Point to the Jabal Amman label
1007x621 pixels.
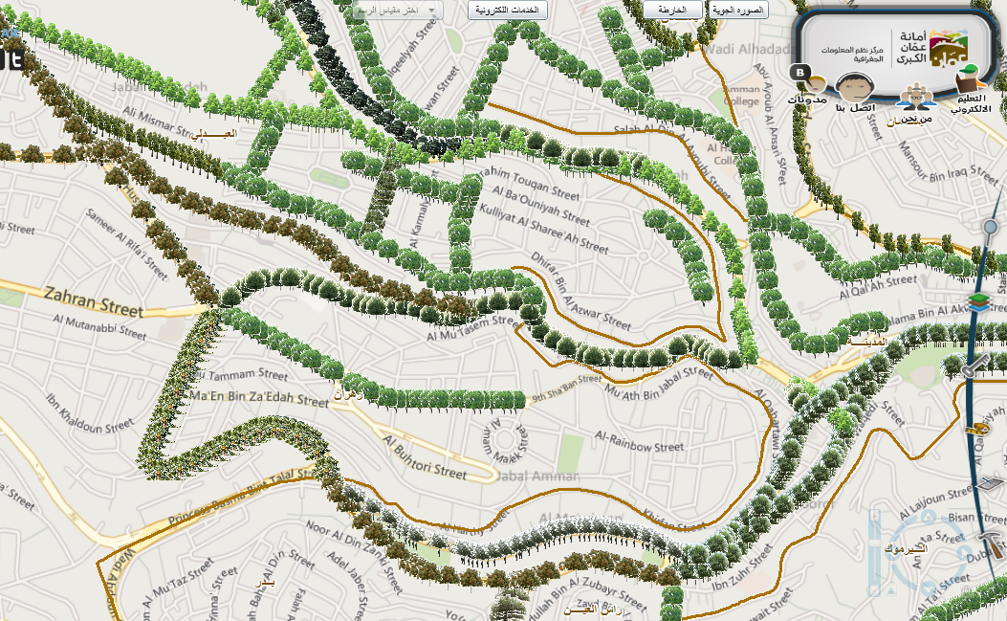pyautogui.click(x=538, y=477)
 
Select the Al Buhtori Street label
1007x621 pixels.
pyautogui.click(x=426, y=457)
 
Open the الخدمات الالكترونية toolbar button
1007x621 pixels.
pyautogui.click(x=508, y=10)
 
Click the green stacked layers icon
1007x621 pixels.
pyautogui.click(x=978, y=302)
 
